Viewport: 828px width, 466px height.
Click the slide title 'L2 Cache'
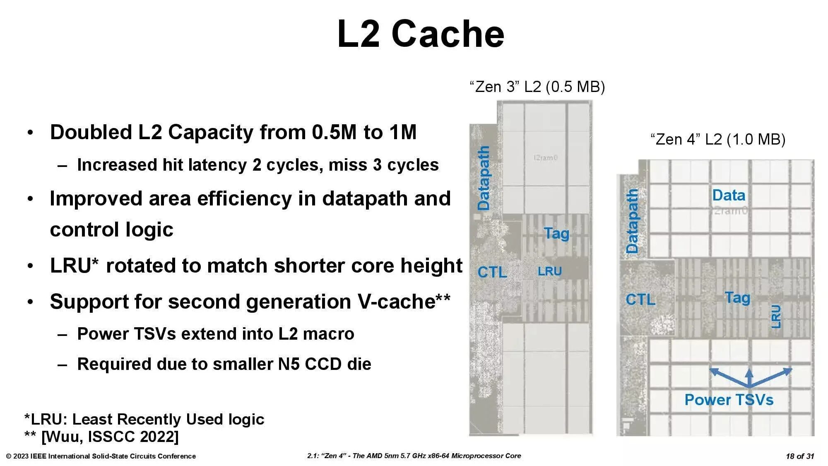click(421, 34)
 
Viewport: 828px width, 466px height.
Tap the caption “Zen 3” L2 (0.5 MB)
click(537, 87)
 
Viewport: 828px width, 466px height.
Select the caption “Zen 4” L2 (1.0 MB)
click(717, 139)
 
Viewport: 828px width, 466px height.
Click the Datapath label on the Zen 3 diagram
click(484, 178)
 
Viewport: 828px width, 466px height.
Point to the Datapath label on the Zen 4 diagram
click(632, 221)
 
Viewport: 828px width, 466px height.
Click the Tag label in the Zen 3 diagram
click(556, 233)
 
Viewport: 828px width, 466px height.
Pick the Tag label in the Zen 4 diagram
click(737, 297)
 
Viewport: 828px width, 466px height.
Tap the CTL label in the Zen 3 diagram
click(492, 272)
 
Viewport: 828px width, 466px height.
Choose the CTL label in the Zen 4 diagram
click(640, 299)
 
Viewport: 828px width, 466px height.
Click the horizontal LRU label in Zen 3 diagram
click(549, 271)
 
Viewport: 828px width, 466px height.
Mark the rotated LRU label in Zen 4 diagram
click(776, 316)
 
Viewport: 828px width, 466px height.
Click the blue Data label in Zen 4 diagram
click(728, 195)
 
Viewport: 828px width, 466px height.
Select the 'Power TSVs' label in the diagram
click(729, 400)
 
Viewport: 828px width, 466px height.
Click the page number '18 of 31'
click(799, 456)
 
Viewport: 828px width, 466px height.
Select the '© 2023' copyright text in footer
click(17, 456)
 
